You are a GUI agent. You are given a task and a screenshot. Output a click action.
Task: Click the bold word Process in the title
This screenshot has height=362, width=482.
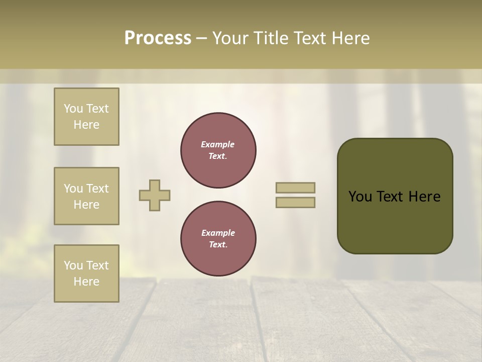(x=158, y=38)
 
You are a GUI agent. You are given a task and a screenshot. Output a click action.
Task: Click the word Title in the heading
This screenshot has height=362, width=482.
(x=269, y=38)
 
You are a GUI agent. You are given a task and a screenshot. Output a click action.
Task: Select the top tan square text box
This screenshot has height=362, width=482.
(x=86, y=117)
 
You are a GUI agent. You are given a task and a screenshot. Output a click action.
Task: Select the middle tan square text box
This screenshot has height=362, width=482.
(x=86, y=196)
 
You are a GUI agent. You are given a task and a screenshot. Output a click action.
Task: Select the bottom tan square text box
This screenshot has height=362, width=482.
(x=86, y=274)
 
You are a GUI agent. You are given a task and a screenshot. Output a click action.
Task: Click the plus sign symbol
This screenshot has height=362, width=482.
(x=155, y=195)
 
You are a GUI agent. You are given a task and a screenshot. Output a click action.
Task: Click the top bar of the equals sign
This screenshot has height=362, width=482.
(x=295, y=188)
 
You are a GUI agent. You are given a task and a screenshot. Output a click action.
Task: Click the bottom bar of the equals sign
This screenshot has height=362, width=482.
(x=295, y=203)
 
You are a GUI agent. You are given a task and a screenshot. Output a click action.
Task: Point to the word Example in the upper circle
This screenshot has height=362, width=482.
(x=218, y=144)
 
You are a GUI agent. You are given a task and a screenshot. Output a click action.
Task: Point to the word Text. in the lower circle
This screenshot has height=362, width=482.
(x=218, y=244)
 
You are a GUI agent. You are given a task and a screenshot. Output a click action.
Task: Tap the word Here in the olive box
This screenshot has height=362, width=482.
(x=424, y=197)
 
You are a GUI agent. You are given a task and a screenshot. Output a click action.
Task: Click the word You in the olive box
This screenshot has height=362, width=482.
(x=359, y=197)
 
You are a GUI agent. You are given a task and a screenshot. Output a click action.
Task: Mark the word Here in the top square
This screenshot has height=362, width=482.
(x=86, y=125)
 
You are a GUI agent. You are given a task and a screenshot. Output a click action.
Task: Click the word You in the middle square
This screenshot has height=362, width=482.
(x=73, y=189)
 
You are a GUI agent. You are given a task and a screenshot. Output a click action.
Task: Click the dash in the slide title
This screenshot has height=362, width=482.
(x=201, y=38)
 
